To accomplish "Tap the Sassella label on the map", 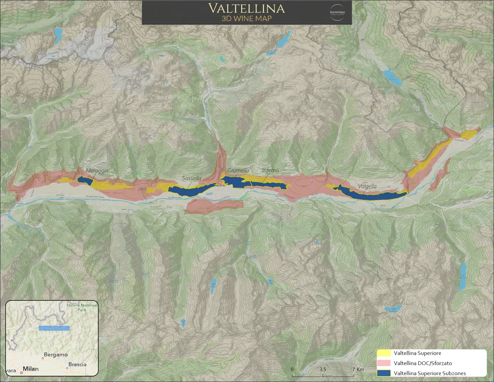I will pos(192,178).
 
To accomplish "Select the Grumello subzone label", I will pos(238,170).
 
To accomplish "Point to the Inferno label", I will pos(270,170).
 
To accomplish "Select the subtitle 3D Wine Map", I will pos(246,19).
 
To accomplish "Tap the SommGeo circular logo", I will pos(338,12).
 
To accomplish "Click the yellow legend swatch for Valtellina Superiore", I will pos(384,353).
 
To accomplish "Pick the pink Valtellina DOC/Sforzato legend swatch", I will pos(384,363).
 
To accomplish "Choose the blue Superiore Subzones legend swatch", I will pos(384,373).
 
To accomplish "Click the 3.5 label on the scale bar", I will pos(323,369).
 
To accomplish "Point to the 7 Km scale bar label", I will pos(358,369).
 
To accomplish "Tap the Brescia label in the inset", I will pos(77,364).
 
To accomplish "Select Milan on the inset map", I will pos(31,369).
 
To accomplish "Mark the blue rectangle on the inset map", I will pos(54,328).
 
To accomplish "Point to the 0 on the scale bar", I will pos(292,369).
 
